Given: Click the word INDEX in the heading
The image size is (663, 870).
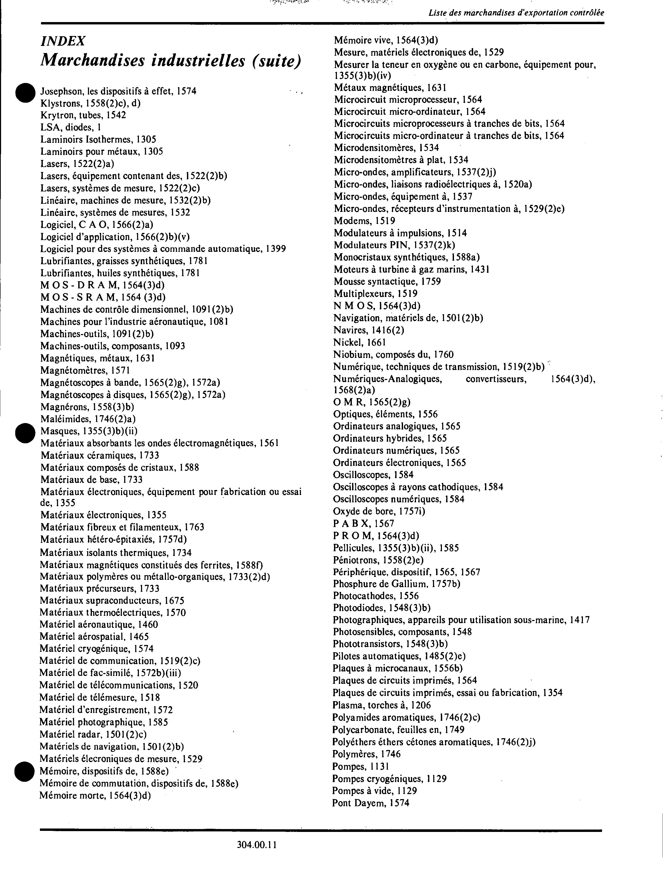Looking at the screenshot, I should pos(63,41).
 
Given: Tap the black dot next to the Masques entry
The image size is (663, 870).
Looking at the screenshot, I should pos(26,433).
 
